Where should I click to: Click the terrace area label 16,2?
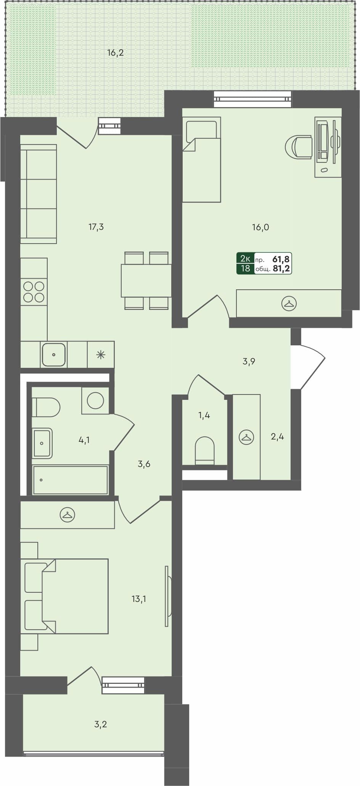[x=115, y=53]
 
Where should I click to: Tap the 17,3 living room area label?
[x=96, y=227]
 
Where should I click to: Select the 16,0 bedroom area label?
[x=260, y=227]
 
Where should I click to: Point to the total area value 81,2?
[x=281, y=268]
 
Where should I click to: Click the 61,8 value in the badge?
[x=281, y=259]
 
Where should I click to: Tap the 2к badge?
[x=245, y=259]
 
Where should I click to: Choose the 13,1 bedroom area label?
[x=139, y=599]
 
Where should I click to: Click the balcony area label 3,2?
[x=100, y=724]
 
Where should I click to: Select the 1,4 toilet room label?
[x=204, y=415]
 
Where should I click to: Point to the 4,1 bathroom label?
[x=84, y=440]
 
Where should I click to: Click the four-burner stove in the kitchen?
[x=34, y=292]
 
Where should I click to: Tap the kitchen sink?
[x=54, y=355]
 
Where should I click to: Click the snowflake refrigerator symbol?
[x=101, y=355]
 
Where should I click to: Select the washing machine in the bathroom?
[x=95, y=400]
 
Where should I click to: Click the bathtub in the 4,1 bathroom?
[x=70, y=480]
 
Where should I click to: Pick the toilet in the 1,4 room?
[x=204, y=451]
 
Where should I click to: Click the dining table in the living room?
[x=146, y=281]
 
